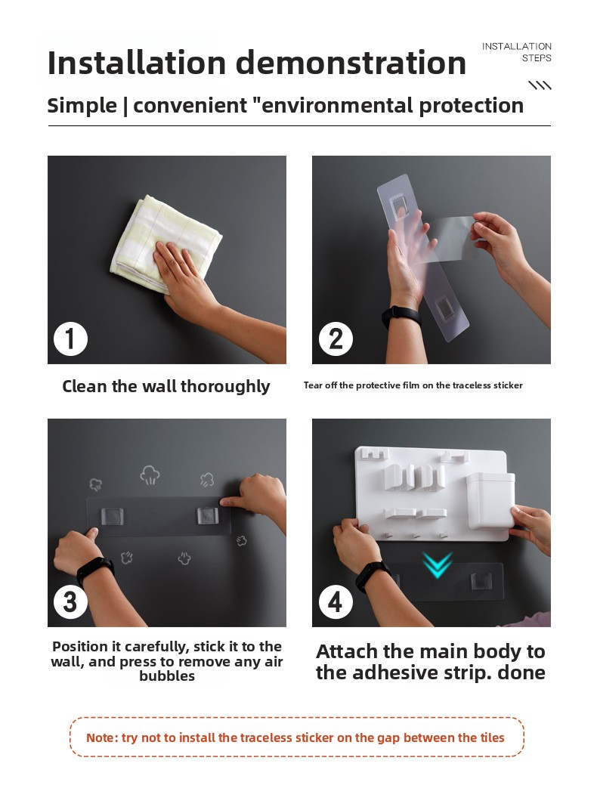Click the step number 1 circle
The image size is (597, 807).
coord(70,339)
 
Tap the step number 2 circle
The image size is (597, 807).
coord(336,339)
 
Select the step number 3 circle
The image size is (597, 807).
coord(70,601)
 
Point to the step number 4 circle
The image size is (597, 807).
coord(336,601)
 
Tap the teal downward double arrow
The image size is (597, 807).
coord(437,564)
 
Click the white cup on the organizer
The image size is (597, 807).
coord(490,502)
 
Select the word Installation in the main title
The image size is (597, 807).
coord(137,63)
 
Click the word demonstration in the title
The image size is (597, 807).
coord(351,63)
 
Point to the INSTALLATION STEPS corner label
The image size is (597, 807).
coord(517,52)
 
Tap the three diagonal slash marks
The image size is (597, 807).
coord(540,85)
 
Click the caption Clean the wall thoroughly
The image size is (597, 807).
coord(166,386)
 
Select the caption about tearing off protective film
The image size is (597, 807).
coord(413,385)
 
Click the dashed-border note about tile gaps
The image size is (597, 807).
coord(296,737)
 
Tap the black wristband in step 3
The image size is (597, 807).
coord(94,570)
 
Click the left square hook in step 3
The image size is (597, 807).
coord(112,516)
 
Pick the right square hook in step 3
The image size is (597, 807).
coord(208,515)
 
